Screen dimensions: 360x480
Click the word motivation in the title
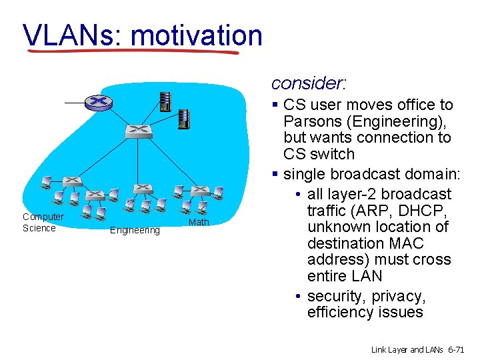point(197,35)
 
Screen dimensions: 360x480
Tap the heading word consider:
point(309,83)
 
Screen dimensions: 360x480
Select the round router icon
point(99,102)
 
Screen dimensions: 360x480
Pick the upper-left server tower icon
point(164,101)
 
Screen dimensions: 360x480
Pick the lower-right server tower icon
point(184,119)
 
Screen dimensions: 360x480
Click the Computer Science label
point(43,222)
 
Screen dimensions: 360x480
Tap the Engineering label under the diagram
point(135,231)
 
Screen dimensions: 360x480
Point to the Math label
point(199,222)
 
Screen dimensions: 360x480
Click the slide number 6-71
point(459,349)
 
